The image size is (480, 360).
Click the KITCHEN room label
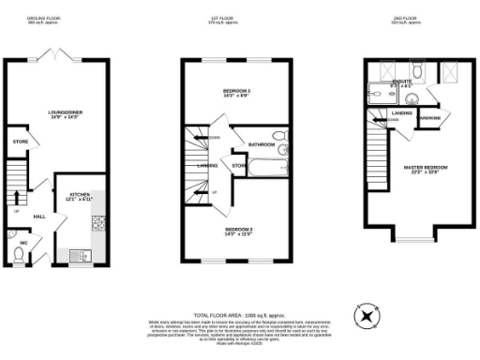[79, 198]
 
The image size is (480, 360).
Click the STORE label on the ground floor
[20, 142]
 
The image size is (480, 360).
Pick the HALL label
[40, 216]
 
